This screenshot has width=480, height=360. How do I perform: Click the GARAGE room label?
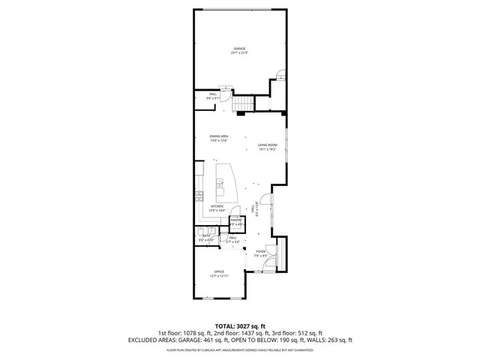[239, 49]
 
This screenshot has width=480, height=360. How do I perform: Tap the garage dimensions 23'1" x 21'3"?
[239, 53]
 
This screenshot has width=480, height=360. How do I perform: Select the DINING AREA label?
[218, 136]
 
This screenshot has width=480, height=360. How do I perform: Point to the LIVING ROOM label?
[268, 145]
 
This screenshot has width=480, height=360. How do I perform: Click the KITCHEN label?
[217, 206]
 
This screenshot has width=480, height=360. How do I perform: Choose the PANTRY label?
[236, 220]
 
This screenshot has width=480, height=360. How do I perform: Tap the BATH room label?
[205, 236]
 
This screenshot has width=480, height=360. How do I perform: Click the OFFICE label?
[219, 271]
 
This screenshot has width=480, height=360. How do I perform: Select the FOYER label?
[261, 251]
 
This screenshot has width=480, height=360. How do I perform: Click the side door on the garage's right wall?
[280, 74]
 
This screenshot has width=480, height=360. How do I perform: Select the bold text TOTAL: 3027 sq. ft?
[240, 326]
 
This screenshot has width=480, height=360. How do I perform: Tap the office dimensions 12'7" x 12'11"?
[219, 276]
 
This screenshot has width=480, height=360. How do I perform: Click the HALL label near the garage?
[213, 94]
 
